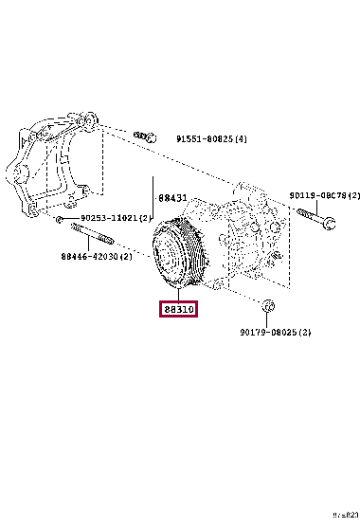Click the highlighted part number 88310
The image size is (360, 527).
tap(177, 310)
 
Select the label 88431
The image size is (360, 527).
tap(173, 198)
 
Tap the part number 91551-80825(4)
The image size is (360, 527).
tap(211, 139)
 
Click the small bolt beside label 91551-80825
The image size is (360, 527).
tap(145, 136)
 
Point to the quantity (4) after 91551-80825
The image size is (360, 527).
tap(241, 139)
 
